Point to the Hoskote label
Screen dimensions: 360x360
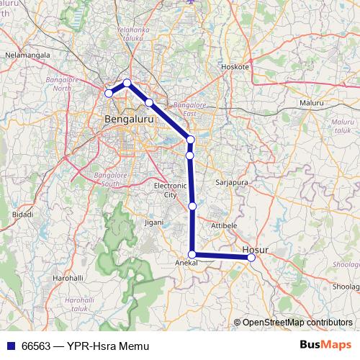coord(235,66)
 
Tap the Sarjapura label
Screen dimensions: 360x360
coord(232,183)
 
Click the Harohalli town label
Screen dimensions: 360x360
coord(67,277)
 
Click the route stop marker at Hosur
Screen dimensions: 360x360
coord(251,257)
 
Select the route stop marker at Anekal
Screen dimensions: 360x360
coord(192,254)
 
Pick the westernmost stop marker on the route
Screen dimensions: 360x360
coord(109,93)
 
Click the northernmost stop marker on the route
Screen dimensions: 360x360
coord(127,83)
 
